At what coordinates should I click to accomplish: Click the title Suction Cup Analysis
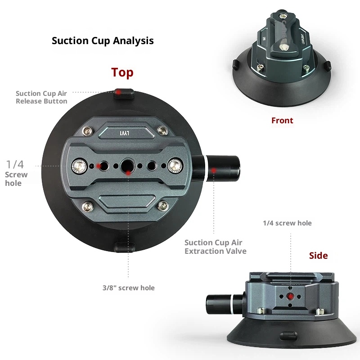pos(103,40)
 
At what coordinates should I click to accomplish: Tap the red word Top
pos(122,72)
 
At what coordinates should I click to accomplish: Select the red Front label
pos(282,121)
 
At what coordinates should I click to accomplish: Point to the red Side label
pos(318,256)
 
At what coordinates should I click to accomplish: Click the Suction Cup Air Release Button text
pos(41,97)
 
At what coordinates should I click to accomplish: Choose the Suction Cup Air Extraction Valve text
pos(216,247)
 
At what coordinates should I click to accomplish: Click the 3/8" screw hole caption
pos(128,288)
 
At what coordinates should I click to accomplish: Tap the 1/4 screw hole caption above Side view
pos(287,223)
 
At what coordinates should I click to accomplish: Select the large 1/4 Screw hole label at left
pos(16,173)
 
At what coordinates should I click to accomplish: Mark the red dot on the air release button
pos(118,92)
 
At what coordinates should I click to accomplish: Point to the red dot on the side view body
pos(290,297)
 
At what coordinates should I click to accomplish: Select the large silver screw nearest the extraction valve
pos(174,166)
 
